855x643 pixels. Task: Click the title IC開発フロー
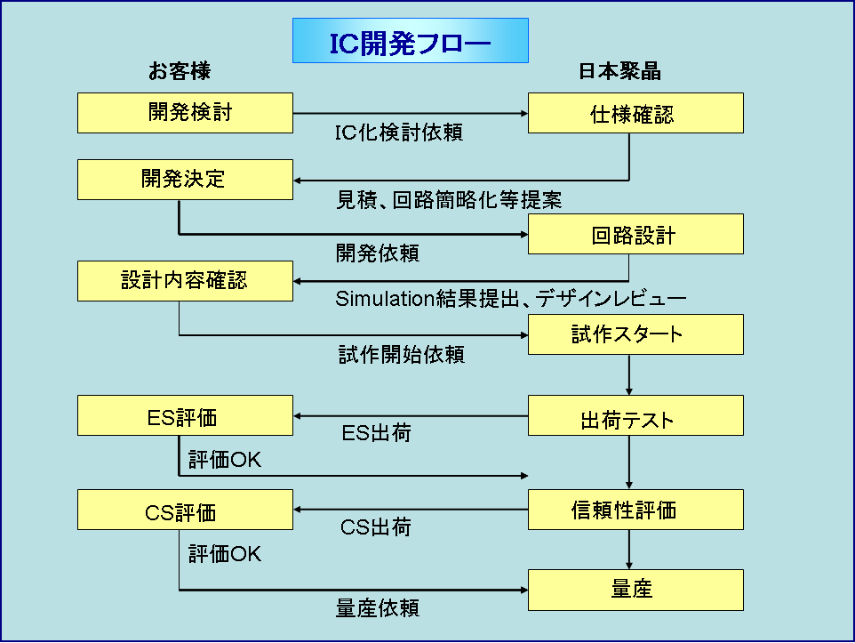(411, 42)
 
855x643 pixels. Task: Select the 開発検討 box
(185, 113)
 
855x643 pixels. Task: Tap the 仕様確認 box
(635, 113)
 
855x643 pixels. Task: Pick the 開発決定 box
(185, 179)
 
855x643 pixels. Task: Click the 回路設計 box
(635, 235)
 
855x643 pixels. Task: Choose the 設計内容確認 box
(185, 280)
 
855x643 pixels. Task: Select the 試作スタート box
(635, 334)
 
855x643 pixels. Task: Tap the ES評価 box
(185, 415)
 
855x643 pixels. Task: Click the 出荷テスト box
(635, 415)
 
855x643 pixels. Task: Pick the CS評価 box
(185, 510)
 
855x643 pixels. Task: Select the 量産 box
(635, 589)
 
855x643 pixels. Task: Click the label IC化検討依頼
(398, 133)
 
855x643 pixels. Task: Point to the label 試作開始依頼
(402, 355)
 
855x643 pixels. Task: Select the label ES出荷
(376, 434)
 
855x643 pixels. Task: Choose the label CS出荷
(376, 527)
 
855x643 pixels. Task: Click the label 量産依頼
(378, 608)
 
